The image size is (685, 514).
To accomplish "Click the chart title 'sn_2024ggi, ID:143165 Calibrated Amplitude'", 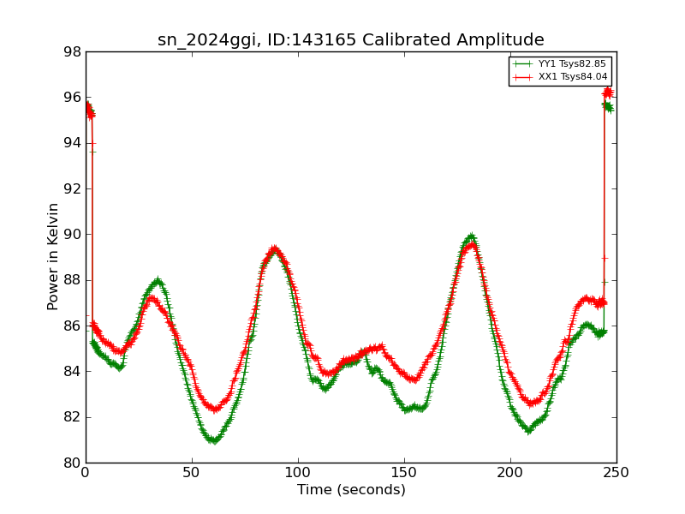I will tap(350, 39).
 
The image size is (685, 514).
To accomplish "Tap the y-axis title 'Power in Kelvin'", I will tap(53, 256).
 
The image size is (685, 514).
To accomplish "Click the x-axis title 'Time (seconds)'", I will tap(351, 490).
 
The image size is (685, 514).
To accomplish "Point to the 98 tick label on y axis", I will tap(73, 51).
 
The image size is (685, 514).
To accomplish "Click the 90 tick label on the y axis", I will tap(73, 234).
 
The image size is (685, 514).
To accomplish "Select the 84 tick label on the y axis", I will tap(73, 371).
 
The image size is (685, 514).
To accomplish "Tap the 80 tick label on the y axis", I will tap(73, 463).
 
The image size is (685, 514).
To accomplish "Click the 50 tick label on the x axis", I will tap(192, 473).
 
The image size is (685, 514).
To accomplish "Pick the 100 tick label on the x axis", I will tap(298, 473).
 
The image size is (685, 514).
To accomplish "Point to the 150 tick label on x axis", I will tap(404, 473).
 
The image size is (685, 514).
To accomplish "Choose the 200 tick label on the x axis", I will tap(510, 473).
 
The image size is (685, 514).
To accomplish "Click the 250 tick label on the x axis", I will tap(616, 473).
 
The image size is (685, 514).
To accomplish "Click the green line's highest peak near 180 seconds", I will tap(470, 236).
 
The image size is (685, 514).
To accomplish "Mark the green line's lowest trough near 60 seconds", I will tap(213, 440).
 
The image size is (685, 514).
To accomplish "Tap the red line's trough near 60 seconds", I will tap(214, 409).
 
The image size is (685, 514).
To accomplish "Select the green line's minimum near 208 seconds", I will tap(528, 430).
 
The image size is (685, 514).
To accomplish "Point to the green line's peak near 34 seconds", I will tap(157, 281).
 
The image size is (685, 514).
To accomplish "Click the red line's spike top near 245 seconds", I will tap(607, 91).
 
